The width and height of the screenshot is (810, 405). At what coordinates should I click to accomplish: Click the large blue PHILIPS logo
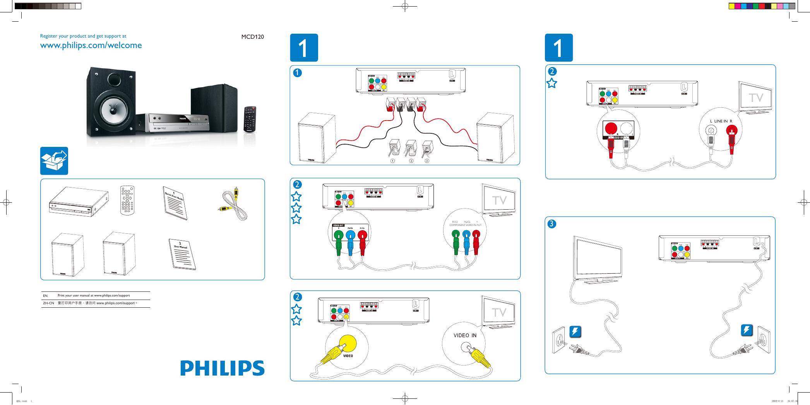pyautogui.click(x=222, y=368)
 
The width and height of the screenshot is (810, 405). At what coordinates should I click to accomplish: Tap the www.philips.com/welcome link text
pyautogui.click(x=91, y=45)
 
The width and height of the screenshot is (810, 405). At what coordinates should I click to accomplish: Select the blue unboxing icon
pyautogui.click(x=54, y=161)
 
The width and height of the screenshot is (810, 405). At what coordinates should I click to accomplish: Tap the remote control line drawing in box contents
pyautogui.click(x=127, y=200)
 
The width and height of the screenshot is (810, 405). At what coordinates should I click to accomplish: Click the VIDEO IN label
pyautogui.click(x=465, y=336)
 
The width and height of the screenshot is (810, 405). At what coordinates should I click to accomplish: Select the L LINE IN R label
pyautogui.click(x=721, y=121)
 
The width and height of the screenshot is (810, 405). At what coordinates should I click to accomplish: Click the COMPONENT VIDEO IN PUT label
pyautogui.click(x=465, y=225)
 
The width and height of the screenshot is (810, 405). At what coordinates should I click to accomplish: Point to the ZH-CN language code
pyautogui.click(x=48, y=303)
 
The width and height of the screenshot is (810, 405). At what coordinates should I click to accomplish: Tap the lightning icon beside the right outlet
pyautogui.click(x=747, y=330)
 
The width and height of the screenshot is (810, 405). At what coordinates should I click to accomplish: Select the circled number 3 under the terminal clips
pyautogui.click(x=426, y=160)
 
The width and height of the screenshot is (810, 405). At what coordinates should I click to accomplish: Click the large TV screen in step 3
pyautogui.click(x=598, y=260)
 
